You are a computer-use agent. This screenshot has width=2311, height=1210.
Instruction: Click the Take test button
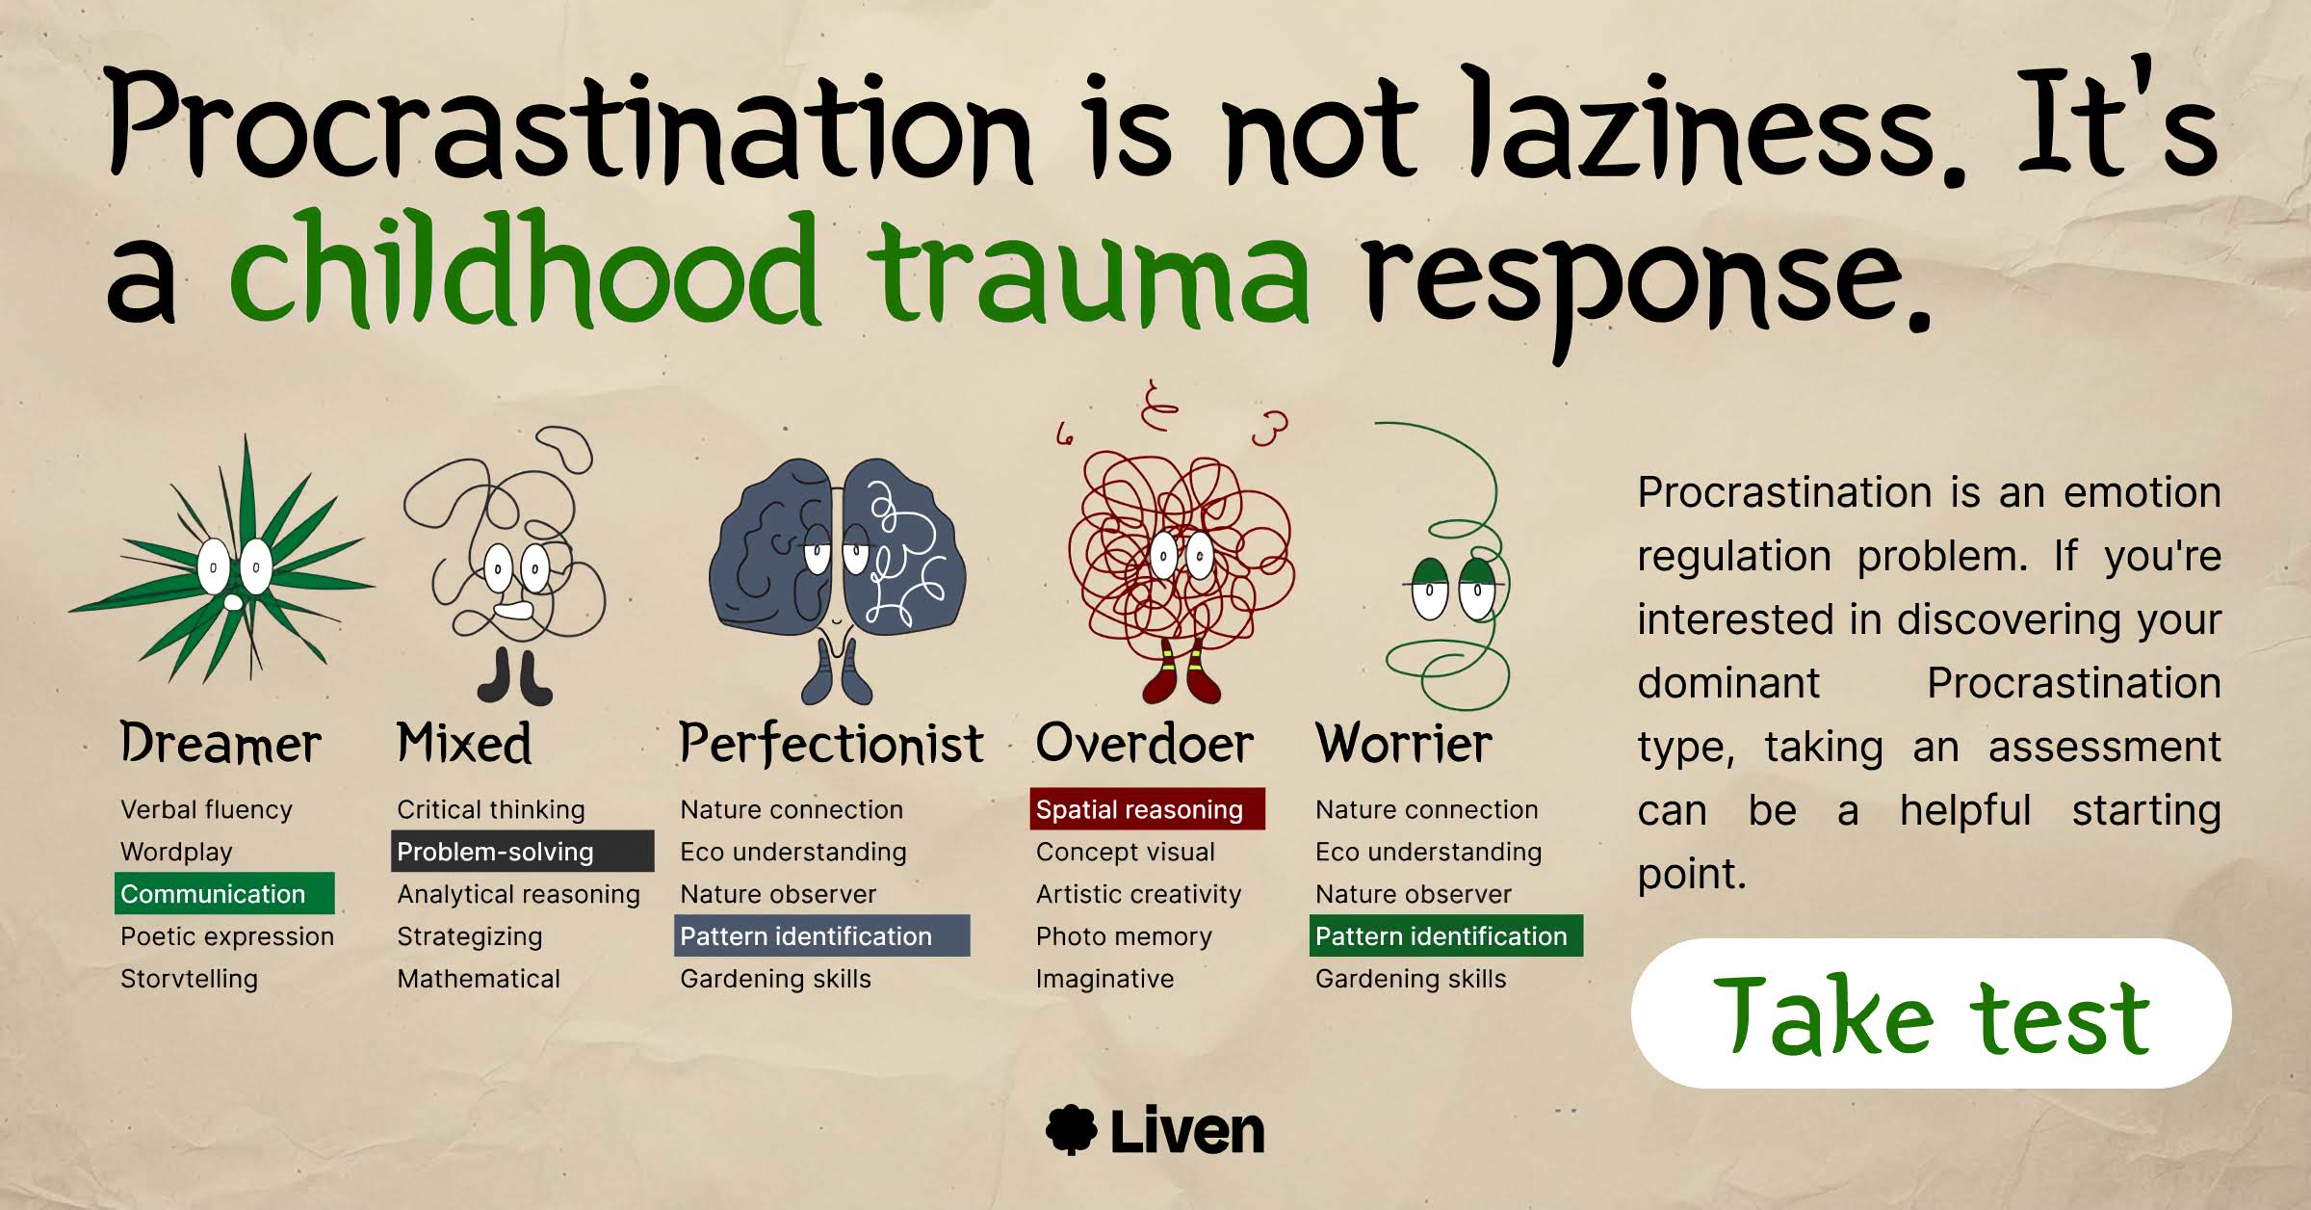click(1931, 1013)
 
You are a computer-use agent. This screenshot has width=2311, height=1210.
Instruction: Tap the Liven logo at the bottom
click(1155, 1130)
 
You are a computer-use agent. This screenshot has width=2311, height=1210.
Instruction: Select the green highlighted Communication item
click(224, 893)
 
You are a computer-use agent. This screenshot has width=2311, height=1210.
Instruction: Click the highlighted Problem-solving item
click(523, 851)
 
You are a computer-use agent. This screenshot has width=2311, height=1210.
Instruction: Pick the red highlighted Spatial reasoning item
click(1147, 808)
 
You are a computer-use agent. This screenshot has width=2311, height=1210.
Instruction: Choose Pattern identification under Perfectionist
click(821, 935)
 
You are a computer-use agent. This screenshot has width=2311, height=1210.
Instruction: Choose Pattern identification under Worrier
click(1445, 935)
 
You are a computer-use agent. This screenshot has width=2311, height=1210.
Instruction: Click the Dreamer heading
click(221, 744)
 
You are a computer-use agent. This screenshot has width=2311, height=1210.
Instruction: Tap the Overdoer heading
click(1144, 744)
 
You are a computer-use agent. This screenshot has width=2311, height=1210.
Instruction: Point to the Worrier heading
click(1403, 744)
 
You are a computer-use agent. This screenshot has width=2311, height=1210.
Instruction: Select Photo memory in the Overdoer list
click(1124, 936)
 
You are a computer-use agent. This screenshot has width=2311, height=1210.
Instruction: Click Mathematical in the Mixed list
click(479, 979)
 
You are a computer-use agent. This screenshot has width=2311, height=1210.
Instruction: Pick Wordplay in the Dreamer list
click(176, 853)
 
